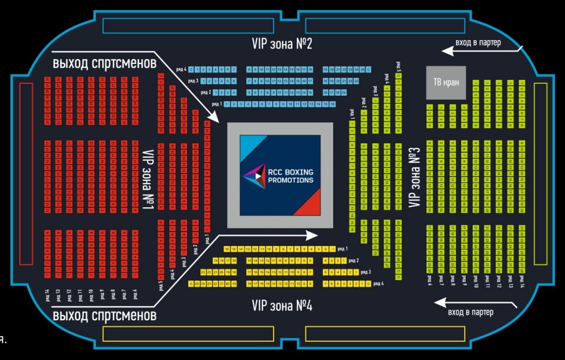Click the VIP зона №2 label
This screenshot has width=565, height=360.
tap(282, 44)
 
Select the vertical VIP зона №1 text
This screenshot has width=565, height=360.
tap(147, 180)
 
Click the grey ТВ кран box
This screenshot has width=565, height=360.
tap(445, 83)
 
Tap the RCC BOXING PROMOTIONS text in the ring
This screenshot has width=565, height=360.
tap(290, 176)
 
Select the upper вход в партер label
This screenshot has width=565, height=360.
tap(478, 42)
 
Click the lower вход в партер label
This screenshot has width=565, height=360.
tap(470, 313)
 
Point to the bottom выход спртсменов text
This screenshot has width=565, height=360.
tap(104, 316)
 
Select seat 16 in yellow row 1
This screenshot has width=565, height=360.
tap(227, 249)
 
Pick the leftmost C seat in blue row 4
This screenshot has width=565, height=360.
tap(191, 70)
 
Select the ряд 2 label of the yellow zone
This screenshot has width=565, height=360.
tap(354, 260)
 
